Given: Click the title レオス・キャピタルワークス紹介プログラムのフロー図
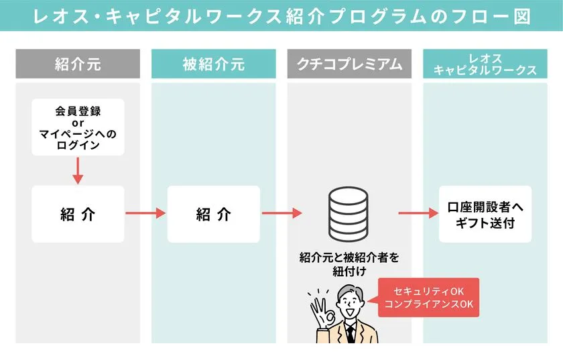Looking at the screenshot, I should [x=281, y=16].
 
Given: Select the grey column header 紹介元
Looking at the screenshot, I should [x=78, y=64].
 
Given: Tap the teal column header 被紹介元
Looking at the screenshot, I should [x=213, y=64].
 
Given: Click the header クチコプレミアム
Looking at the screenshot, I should [x=349, y=64].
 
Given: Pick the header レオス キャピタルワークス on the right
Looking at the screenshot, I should [x=485, y=64].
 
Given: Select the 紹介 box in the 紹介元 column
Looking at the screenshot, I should [x=78, y=214].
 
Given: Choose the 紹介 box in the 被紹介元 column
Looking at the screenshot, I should [x=213, y=214].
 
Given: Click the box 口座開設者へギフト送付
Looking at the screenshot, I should [x=485, y=214].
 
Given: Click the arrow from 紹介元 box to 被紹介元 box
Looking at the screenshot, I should [x=145, y=214].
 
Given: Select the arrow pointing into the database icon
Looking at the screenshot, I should [x=281, y=214].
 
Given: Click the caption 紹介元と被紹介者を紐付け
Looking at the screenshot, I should [x=349, y=263].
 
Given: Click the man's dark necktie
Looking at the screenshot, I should [x=350, y=334].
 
